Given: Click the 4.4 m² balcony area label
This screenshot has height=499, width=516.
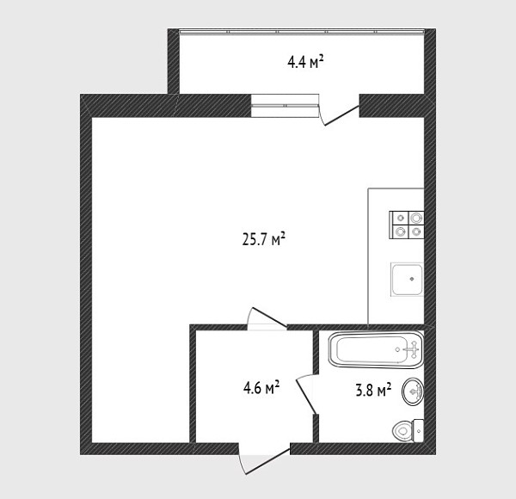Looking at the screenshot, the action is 305,62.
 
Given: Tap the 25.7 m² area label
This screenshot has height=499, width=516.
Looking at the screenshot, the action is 263,239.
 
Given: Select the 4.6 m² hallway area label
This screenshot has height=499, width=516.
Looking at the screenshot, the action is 261,387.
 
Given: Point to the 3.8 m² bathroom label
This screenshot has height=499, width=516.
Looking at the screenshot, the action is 373,390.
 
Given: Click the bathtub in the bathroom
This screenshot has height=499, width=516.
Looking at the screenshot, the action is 376,349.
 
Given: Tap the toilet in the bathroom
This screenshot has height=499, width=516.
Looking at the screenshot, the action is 408,430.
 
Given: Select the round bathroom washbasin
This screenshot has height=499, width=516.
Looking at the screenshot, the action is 413,391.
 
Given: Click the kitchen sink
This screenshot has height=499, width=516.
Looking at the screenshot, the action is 407,279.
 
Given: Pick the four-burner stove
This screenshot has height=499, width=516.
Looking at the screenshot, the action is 407,225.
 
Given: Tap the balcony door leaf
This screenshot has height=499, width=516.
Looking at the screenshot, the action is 341,115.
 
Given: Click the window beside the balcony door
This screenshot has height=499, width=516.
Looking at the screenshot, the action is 285,106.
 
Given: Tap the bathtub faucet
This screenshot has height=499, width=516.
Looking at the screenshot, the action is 412,349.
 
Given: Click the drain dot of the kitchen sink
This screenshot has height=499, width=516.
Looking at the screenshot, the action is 412,279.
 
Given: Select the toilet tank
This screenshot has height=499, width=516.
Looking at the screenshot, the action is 418,431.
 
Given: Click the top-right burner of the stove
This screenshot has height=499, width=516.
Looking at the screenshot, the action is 416,218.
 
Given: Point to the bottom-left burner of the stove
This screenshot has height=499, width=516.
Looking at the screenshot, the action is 400,231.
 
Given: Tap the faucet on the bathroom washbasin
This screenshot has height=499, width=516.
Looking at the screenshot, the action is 416,391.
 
